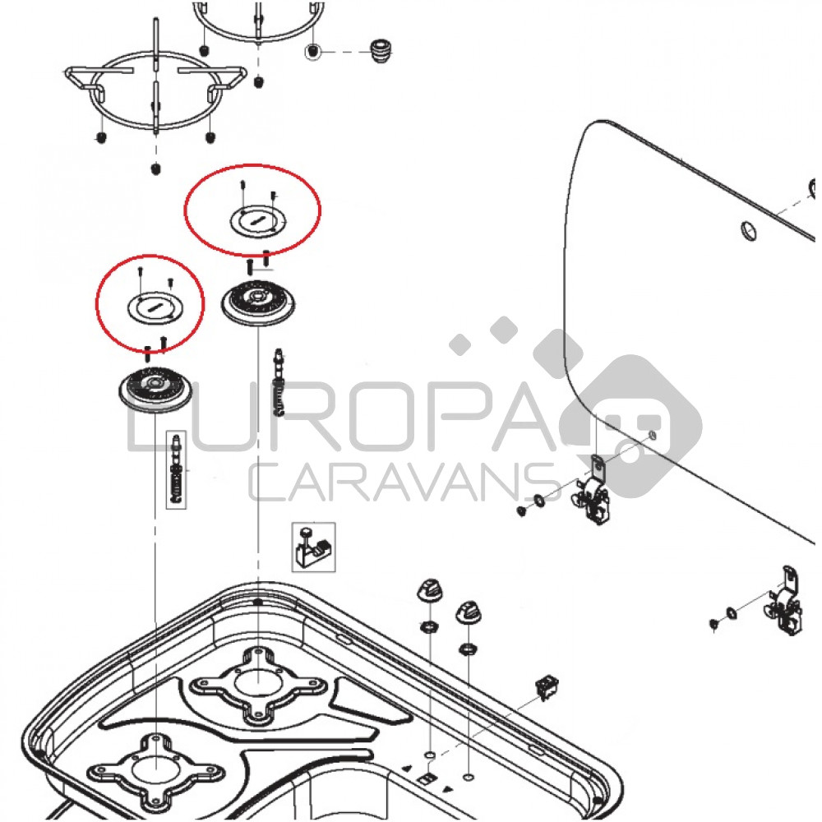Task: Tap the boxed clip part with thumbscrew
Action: tap(313, 547)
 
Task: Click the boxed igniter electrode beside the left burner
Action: tap(177, 470)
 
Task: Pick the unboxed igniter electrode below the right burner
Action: tap(279, 381)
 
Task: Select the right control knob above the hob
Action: tap(469, 612)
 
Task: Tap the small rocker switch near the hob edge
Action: tap(547, 686)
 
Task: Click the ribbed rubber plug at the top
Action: tap(381, 51)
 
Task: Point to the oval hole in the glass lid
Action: tap(749, 231)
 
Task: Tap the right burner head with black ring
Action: tap(258, 303)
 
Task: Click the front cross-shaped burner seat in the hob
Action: tap(156, 772)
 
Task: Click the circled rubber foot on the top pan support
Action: tap(312, 51)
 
